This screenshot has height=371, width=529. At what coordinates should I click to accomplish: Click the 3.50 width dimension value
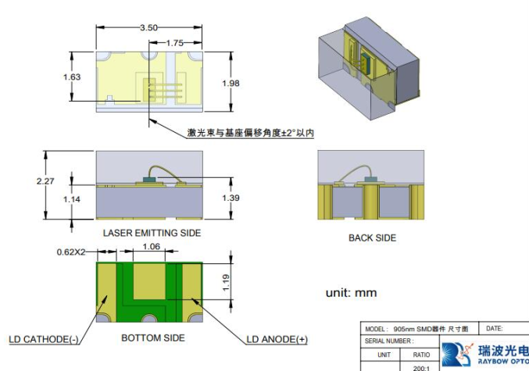coord(148,28)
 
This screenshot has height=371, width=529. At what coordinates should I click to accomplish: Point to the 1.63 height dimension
coord(72,77)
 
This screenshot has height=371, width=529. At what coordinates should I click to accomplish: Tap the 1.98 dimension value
coord(231,84)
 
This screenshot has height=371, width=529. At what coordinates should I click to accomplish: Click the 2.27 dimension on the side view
coord(47,181)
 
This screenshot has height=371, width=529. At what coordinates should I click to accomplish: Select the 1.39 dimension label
coord(231,198)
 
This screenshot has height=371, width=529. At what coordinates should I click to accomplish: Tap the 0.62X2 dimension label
coord(73,252)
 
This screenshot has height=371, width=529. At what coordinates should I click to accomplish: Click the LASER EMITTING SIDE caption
coord(152,233)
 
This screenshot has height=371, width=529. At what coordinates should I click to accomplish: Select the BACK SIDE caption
coord(372,237)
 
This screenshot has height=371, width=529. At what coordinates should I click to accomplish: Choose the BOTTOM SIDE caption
coord(153,337)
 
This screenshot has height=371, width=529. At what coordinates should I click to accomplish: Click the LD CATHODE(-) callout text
coord(43,340)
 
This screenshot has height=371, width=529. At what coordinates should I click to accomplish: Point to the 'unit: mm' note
coord(351,293)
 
